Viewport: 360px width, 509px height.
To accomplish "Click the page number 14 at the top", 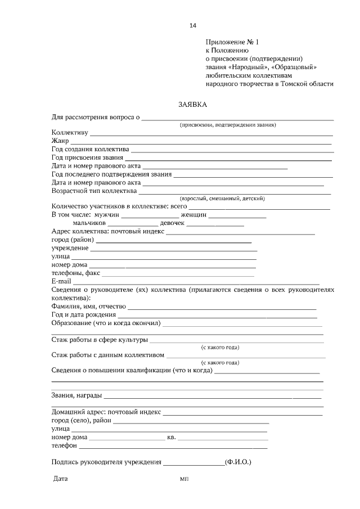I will pos(193,25).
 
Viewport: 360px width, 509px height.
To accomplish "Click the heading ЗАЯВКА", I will pos(192,104).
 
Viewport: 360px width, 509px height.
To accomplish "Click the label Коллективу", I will pos(70,133).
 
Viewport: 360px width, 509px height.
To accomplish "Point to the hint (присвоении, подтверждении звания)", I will pos(227,125).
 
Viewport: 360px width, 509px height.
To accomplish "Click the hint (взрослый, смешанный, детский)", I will pos(222,199).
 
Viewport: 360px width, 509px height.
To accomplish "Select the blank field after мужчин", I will pos(143,216).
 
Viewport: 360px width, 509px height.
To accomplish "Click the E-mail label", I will pos(61,281).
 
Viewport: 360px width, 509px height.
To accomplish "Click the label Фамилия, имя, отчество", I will pos(88,307).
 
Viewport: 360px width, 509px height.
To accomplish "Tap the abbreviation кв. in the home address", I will pos(172,437).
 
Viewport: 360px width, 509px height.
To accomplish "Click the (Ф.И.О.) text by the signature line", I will pos(237,462).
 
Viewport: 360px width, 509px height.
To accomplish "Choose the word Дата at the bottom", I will pos(60,479).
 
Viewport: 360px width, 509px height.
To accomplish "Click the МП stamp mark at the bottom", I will pos(184,480).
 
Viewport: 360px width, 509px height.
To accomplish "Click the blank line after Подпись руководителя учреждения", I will pos(193,463).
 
